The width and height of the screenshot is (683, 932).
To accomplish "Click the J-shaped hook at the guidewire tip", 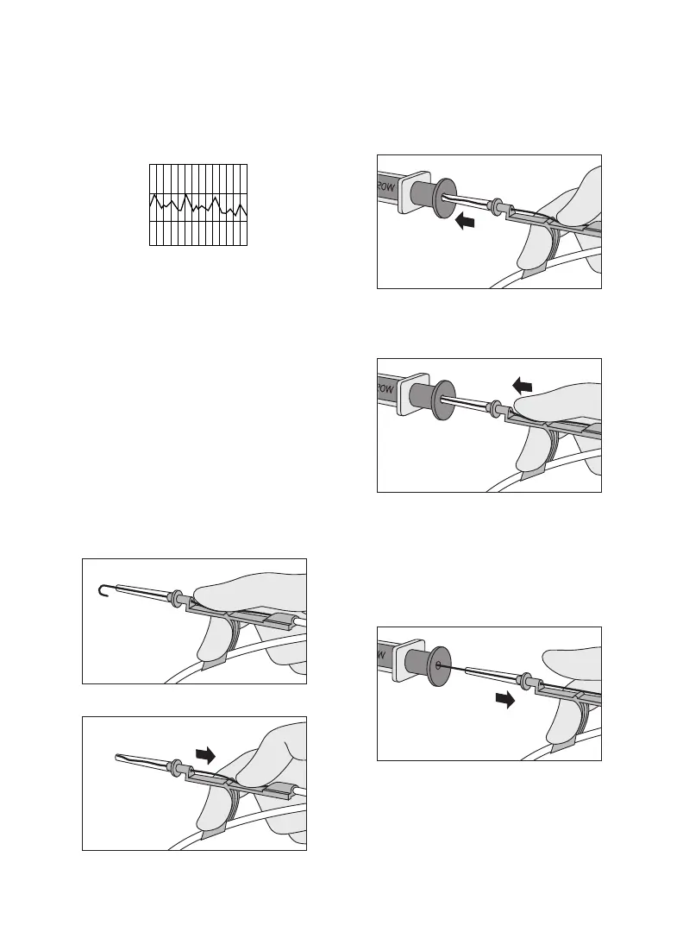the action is click(100, 589).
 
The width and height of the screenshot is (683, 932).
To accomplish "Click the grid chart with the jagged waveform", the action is click(198, 204).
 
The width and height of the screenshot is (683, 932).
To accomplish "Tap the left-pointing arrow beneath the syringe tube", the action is click(465, 223).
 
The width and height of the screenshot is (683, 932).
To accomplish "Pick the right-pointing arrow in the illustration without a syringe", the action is click(205, 754).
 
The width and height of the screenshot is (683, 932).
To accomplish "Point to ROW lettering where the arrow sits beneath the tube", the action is click(387, 186).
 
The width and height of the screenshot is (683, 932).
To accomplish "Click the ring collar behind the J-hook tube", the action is click(176, 596).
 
